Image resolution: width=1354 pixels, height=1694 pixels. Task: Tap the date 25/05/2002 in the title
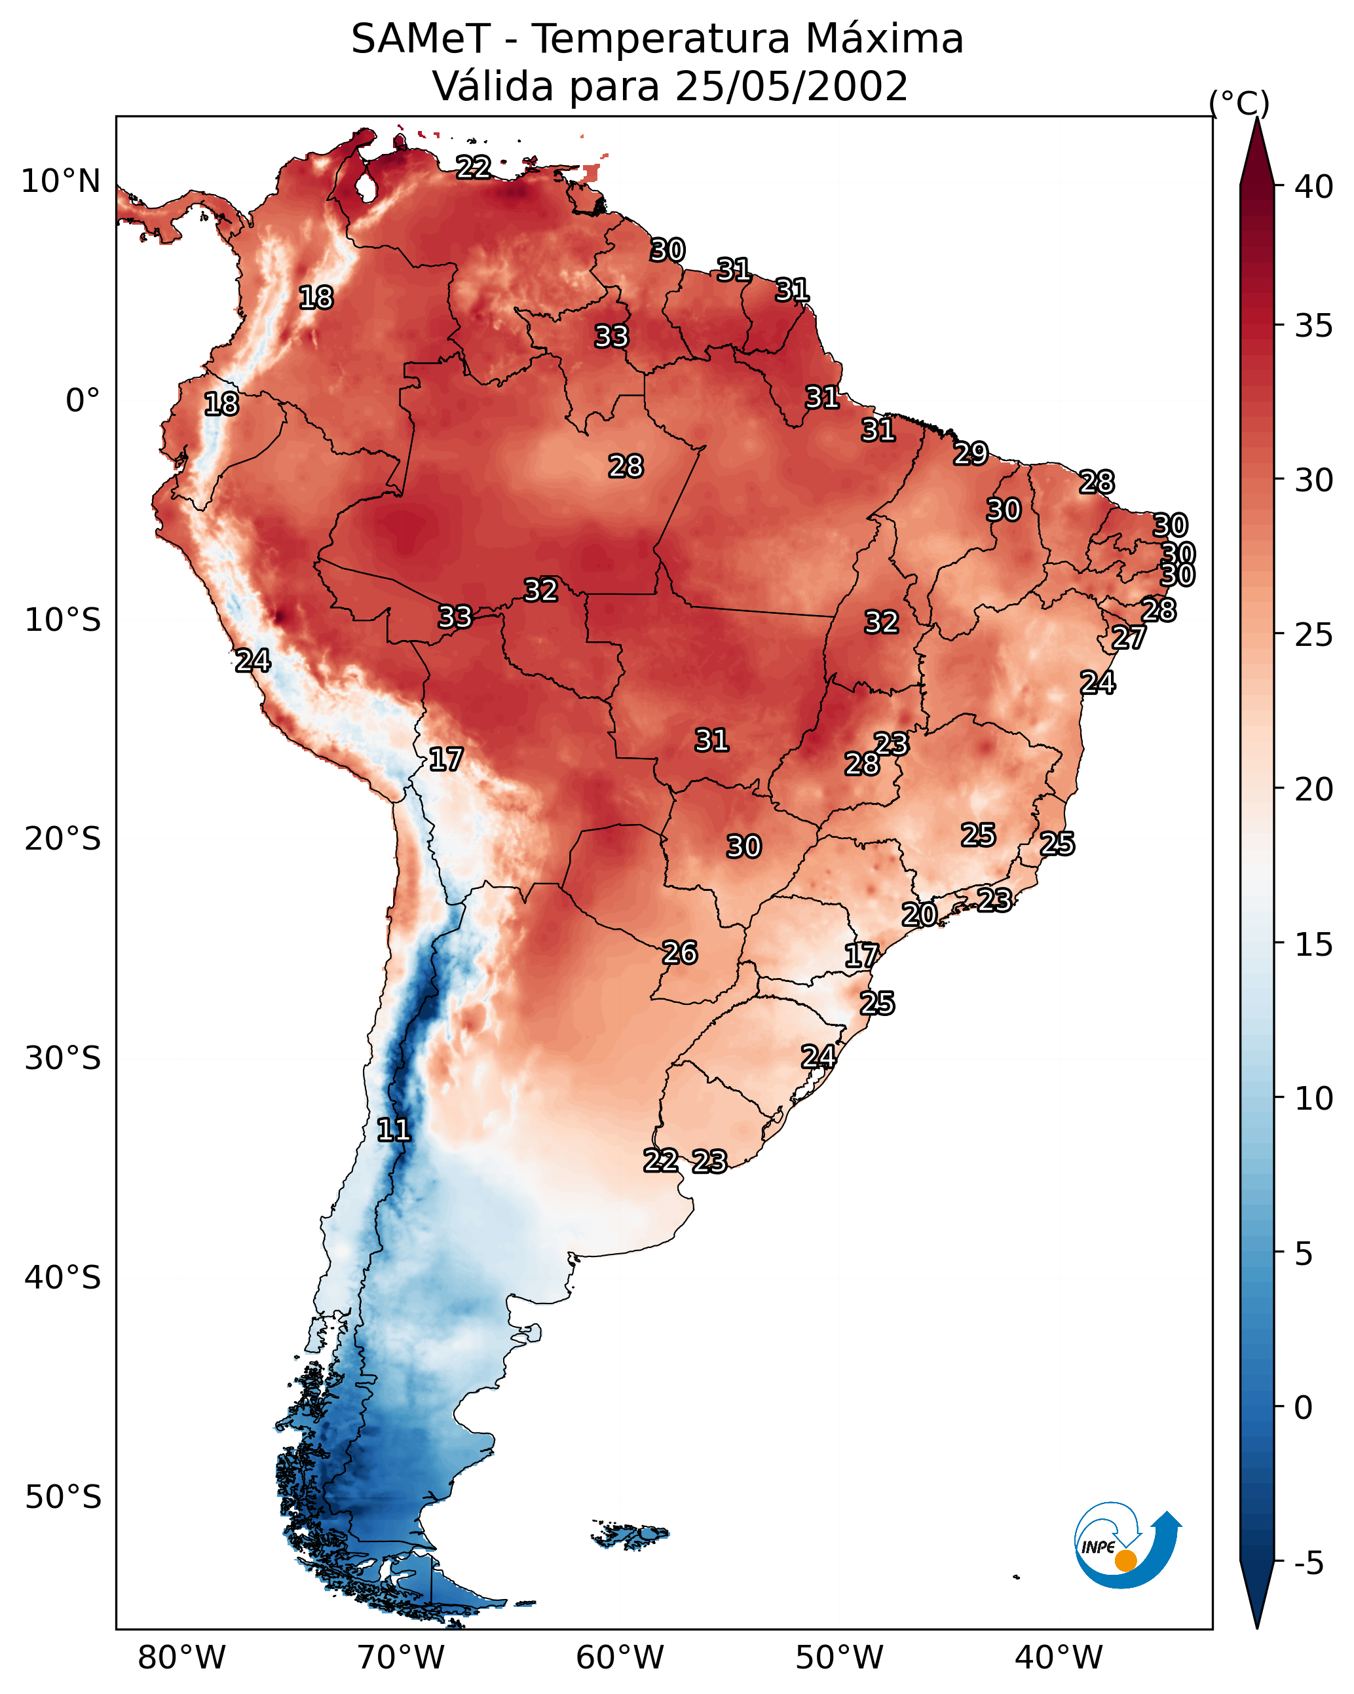(791, 86)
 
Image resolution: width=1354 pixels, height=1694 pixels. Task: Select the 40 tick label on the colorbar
(1314, 187)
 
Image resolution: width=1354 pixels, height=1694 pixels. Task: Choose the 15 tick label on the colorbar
(1314, 945)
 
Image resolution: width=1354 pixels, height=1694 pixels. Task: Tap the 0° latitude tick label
(83, 401)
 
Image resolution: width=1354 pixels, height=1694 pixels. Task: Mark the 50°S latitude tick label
(63, 1497)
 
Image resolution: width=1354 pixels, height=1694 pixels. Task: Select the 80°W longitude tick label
(181, 1657)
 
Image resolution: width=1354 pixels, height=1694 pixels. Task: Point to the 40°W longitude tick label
(1059, 1657)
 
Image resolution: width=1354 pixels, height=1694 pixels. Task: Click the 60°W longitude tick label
(620, 1657)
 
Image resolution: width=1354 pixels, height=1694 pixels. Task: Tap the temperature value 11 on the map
(394, 1130)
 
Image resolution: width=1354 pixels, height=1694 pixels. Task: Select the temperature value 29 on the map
(971, 453)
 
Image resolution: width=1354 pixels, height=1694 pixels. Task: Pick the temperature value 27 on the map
(1129, 637)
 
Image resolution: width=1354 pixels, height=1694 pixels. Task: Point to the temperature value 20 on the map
(918, 914)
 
